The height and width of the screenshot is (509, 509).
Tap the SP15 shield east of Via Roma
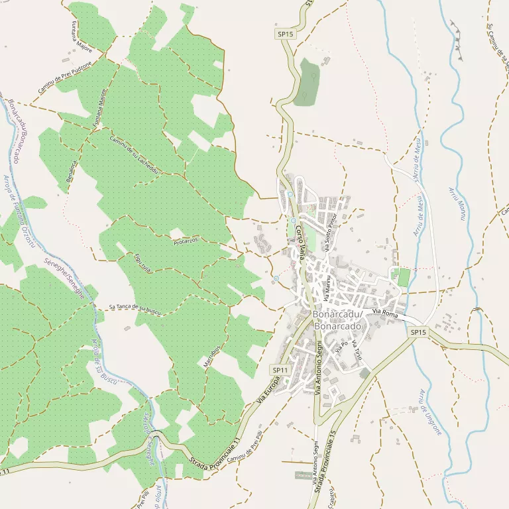418,332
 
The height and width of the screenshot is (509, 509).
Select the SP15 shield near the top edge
285,33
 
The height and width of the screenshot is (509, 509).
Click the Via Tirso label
357,350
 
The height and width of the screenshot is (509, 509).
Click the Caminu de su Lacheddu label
133,155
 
